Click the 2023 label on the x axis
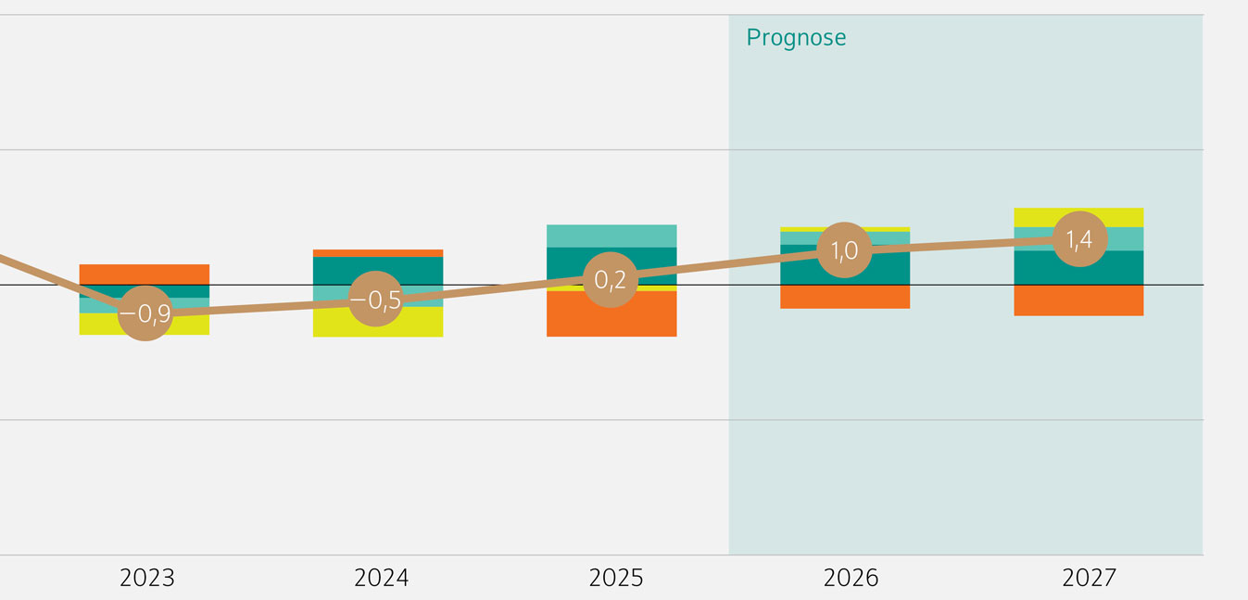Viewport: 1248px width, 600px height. tap(147, 579)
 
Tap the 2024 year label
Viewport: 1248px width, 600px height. tap(381, 579)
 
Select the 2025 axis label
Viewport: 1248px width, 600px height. tap(616, 579)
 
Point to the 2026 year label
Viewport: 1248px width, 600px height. tap(851, 579)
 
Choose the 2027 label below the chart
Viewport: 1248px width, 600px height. tap(1090, 579)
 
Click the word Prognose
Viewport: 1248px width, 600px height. tap(796, 38)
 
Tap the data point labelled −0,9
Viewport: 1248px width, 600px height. tap(145, 313)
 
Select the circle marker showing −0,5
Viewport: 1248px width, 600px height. tap(376, 300)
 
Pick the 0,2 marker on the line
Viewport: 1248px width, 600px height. tap(610, 279)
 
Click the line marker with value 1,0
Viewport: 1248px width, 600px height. tap(844, 250)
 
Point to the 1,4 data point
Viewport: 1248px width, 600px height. tap(1079, 239)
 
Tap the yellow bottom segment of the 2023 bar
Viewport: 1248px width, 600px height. tap(190, 325)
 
